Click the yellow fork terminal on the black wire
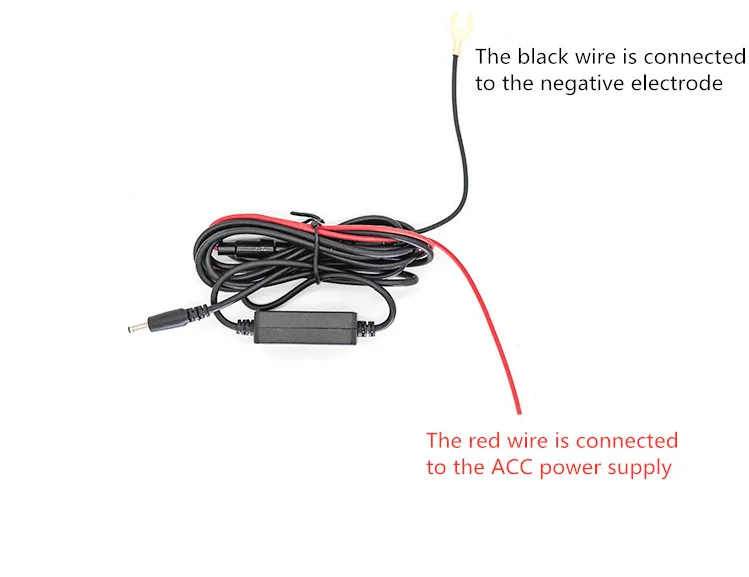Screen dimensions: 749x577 461,33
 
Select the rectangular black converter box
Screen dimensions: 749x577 306,328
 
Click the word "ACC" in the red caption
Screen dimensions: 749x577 511,466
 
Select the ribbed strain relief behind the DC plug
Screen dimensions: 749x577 198,313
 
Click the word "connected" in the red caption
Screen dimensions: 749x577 627,441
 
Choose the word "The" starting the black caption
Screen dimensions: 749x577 493,56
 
